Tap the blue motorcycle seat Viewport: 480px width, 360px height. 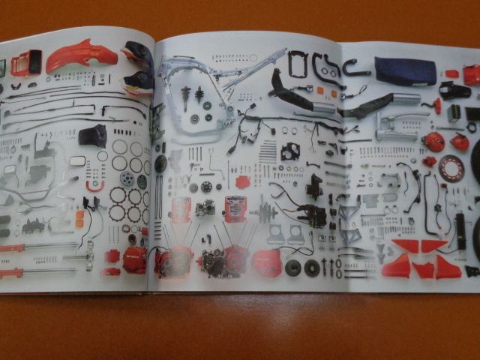[405, 71]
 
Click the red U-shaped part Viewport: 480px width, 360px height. [94, 184]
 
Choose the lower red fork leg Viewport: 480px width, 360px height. [34, 271]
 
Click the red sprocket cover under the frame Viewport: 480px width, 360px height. [242, 182]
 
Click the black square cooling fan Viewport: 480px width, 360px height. [290, 151]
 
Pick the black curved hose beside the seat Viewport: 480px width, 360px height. [352, 66]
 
